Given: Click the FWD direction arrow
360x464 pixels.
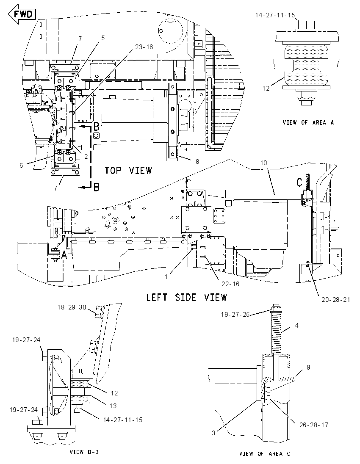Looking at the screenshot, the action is [x=22, y=14].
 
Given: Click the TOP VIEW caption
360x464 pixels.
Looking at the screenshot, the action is [x=128, y=171].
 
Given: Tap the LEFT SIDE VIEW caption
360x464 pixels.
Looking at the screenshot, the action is [x=186, y=297].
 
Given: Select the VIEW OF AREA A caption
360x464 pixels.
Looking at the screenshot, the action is [x=308, y=122].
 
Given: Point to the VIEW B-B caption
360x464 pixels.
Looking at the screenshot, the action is [x=84, y=452].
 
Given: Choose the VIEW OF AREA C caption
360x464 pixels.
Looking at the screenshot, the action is [x=265, y=454].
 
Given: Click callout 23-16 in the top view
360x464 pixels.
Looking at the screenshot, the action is [x=144, y=47].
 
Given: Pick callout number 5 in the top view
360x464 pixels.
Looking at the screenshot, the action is [x=103, y=38].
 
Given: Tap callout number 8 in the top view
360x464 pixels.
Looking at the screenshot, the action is [x=197, y=161].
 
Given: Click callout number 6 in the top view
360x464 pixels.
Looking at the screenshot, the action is [x=21, y=165].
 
